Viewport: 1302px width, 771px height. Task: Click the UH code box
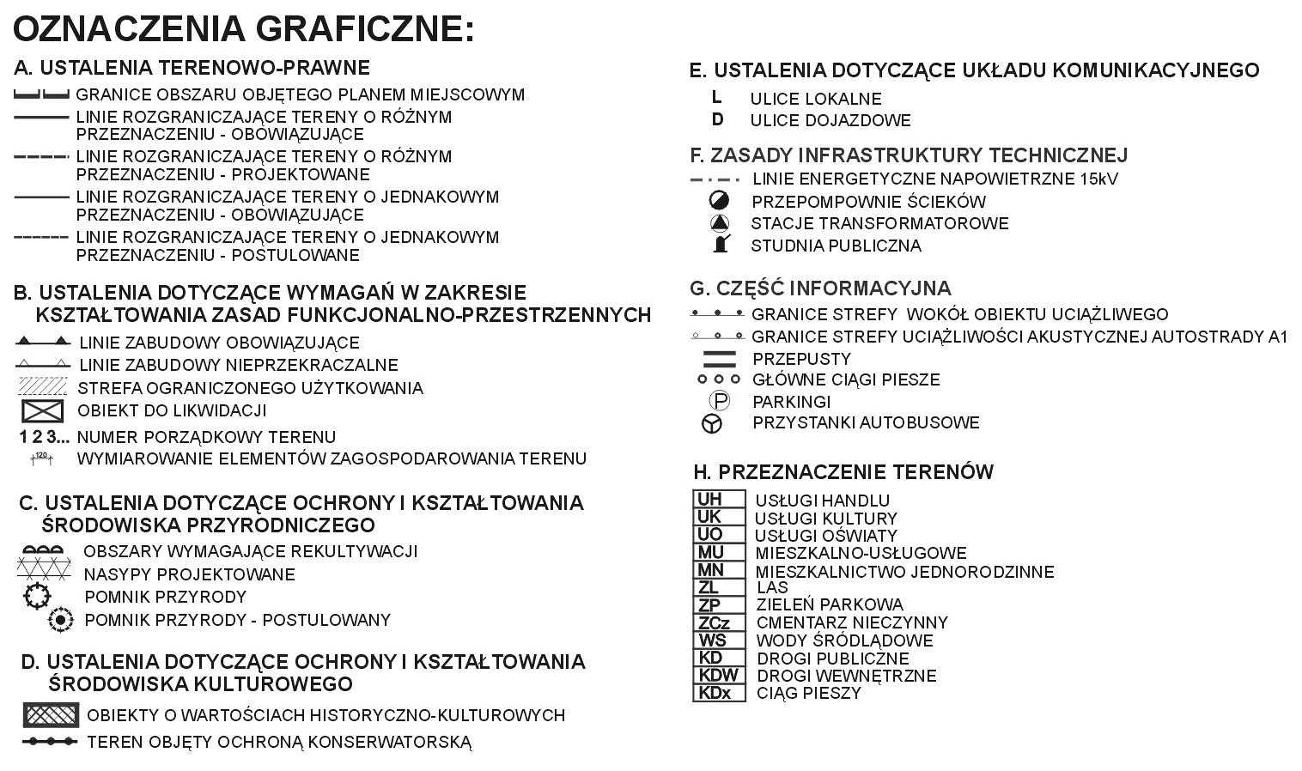[x=718, y=499]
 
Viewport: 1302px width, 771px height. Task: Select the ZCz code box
[x=718, y=622]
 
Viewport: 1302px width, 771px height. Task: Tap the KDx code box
[x=718, y=693]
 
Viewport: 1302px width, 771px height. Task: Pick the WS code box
[x=718, y=640]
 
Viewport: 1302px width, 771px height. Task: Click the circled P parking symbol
[x=719, y=401]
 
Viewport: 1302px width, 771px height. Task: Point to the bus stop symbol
[x=712, y=423]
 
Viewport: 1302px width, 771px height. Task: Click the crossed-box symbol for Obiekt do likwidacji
[x=43, y=410]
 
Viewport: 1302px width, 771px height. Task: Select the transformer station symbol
[x=719, y=223]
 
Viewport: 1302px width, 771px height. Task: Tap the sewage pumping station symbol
[x=719, y=201]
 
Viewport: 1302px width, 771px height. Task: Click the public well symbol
[x=721, y=245]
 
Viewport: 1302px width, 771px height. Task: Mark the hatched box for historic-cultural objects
[x=51, y=714]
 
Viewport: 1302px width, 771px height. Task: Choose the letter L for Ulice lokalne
[x=716, y=98]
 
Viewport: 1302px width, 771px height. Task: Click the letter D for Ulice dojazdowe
[x=717, y=119]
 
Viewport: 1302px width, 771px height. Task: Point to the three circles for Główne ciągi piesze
[x=718, y=379]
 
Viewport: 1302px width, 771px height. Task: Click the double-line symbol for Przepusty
[x=720, y=358]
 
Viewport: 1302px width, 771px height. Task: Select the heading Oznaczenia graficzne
[x=243, y=28]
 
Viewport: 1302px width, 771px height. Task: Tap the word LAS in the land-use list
[x=772, y=588]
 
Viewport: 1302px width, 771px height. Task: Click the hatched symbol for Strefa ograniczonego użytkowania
[x=43, y=386]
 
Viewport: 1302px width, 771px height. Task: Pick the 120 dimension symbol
[x=41, y=458]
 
